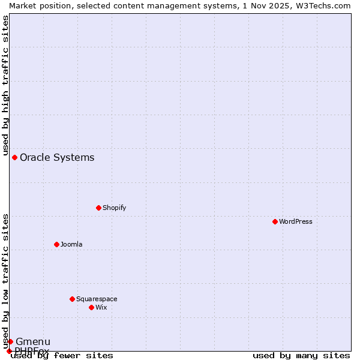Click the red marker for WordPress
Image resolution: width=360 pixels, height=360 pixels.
(275, 221)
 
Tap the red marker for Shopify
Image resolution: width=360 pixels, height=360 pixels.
(98, 208)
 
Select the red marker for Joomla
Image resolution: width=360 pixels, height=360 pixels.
(56, 244)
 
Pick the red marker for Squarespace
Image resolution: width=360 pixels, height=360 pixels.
(72, 299)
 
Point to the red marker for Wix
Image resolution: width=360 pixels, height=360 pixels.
(91, 307)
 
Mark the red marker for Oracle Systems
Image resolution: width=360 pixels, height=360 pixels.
(14, 157)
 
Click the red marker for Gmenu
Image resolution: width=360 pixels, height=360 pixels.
(10, 341)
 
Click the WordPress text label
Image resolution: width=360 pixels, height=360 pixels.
(296, 221)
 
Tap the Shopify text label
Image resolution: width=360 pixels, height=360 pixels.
(114, 208)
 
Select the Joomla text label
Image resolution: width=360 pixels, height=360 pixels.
(71, 244)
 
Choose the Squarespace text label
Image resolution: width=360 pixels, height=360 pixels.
(97, 299)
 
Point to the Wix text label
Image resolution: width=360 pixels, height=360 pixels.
(101, 307)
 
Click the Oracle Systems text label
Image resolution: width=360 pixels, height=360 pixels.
(57, 157)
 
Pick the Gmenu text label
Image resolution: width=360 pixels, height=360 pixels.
(33, 341)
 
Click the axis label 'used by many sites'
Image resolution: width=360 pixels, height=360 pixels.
(301, 355)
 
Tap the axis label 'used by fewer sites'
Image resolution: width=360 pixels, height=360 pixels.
(62, 355)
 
